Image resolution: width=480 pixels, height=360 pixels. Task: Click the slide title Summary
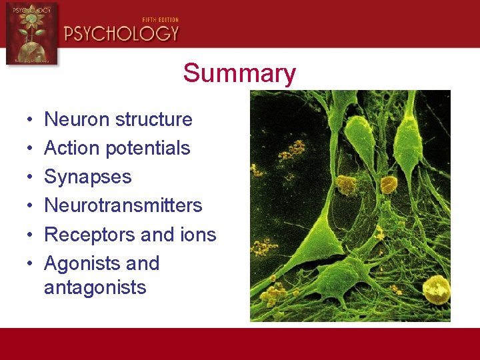point(239,73)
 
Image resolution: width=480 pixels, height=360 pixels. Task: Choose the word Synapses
point(87,177)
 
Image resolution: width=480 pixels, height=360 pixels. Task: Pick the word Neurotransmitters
point(123,205)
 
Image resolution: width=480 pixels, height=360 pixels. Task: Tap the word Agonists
point(82,263)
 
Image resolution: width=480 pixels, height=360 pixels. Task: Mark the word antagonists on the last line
point(95,287)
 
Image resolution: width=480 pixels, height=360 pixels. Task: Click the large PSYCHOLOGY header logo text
point(121,33)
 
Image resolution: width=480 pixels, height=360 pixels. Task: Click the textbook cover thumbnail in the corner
point(31,33)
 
